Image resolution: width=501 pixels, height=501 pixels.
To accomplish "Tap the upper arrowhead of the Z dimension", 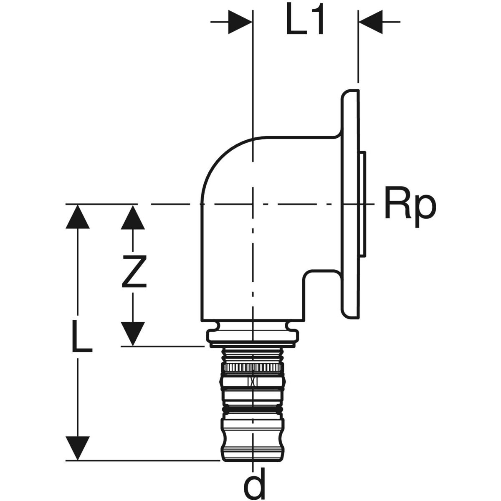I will (x=133, y=217).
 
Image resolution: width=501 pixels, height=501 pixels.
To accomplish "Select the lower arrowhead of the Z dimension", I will (x=133, y=334).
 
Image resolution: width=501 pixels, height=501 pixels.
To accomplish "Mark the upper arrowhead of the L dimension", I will (x=78, y=217).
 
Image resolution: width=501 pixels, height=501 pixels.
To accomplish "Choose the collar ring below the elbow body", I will (x=253, y=337).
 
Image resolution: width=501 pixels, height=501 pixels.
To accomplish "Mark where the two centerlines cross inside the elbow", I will (x=252, y=204).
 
